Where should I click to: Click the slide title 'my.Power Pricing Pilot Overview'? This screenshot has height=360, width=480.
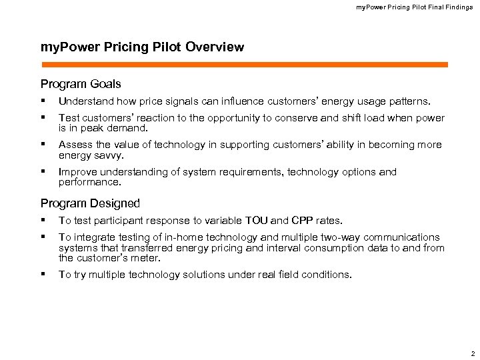142,47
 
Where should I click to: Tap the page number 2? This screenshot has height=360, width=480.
472,353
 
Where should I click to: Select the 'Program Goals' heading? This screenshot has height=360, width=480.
81,84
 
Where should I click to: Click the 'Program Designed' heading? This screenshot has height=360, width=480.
90,203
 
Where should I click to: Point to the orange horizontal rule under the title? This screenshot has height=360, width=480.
245,65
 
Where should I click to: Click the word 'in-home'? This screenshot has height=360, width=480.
167,237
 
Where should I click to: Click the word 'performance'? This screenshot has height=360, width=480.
89,182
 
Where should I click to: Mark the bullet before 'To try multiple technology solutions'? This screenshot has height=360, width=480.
43,274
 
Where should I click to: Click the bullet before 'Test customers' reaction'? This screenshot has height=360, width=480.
43,117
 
